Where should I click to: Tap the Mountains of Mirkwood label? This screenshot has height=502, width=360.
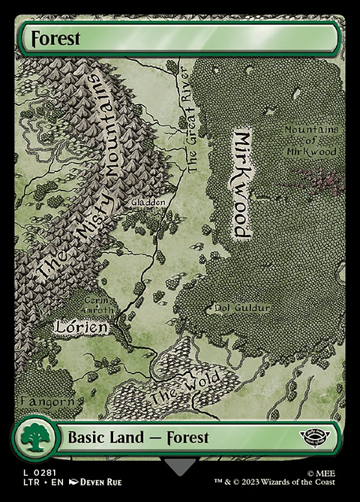point(310,140)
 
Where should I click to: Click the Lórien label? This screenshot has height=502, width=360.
point(82,327)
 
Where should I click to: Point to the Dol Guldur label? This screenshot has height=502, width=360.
point(241,307)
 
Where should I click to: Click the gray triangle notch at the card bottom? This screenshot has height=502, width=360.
point(180,467)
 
